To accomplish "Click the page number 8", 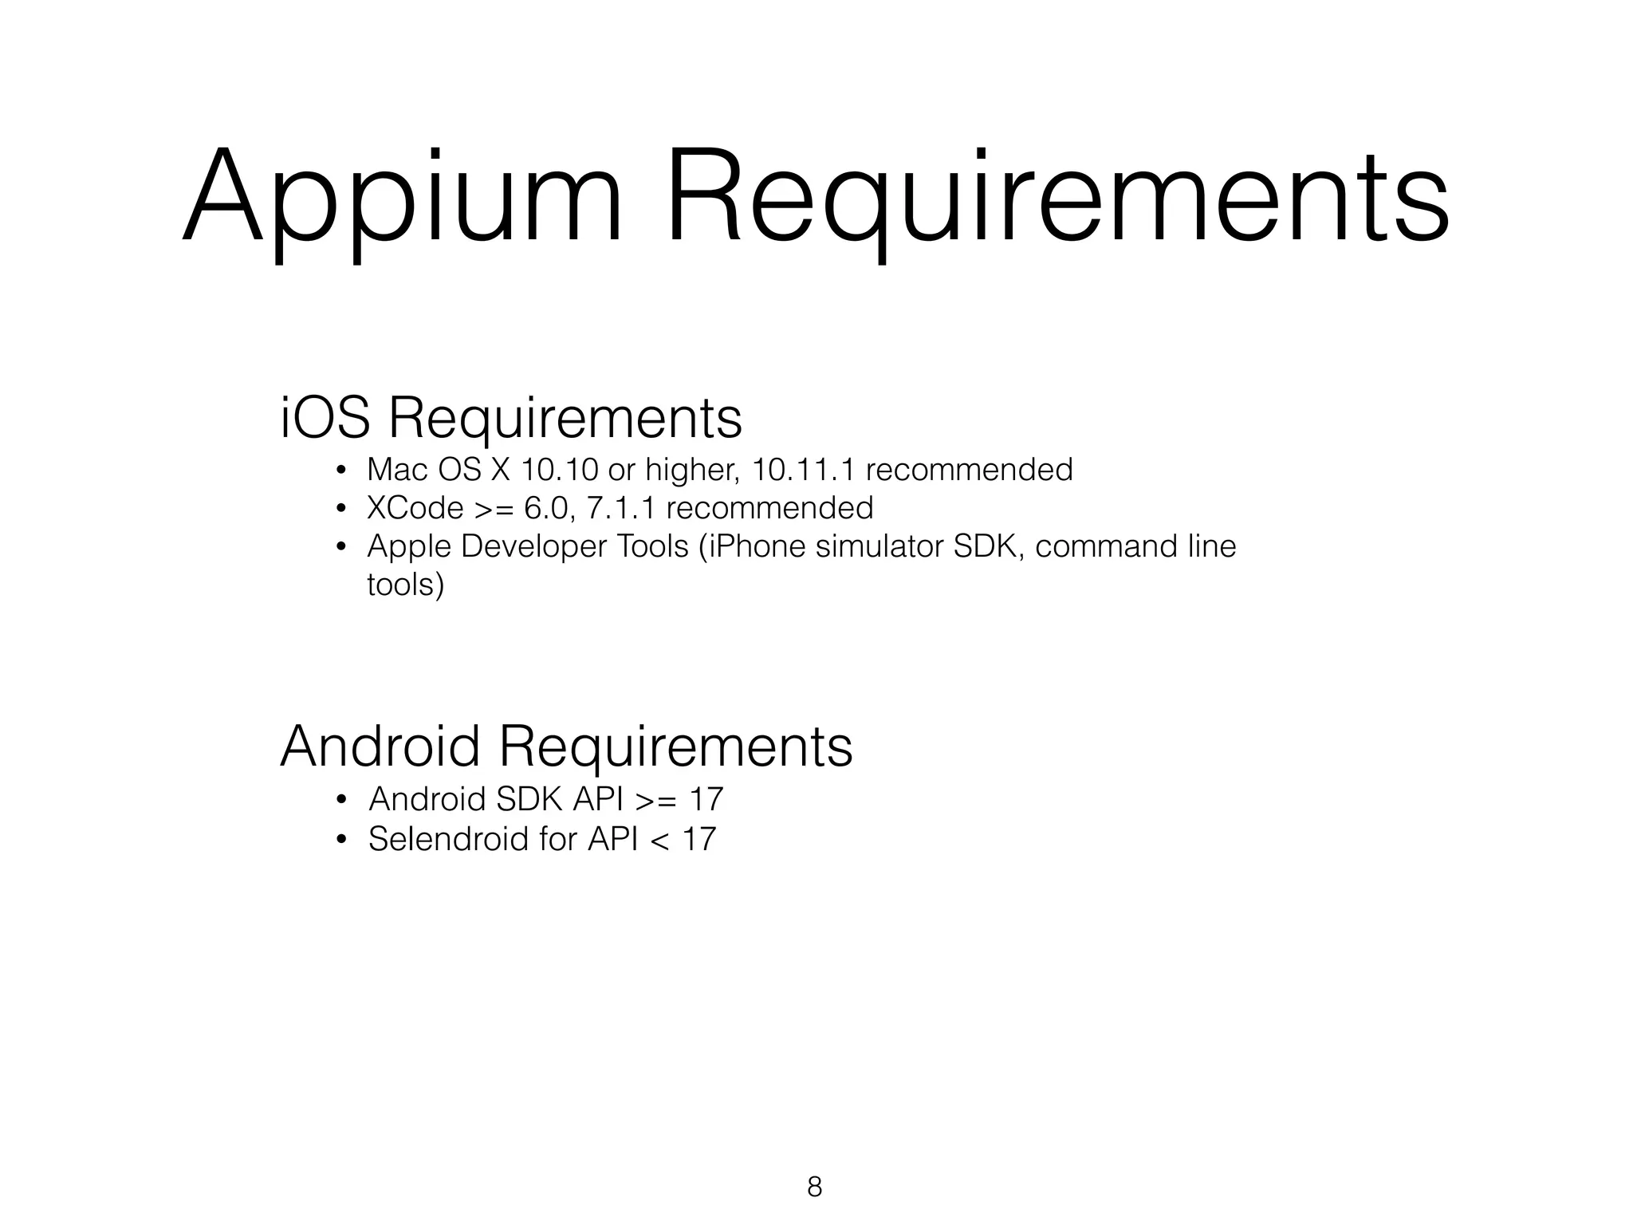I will coord(814,1187).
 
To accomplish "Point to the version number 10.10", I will coord(558,470).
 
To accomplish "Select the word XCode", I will coord(415,508).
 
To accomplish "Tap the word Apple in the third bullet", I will coord(407,546).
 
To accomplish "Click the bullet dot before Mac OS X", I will coord(340,471).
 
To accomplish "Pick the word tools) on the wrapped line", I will coord(405,585).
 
